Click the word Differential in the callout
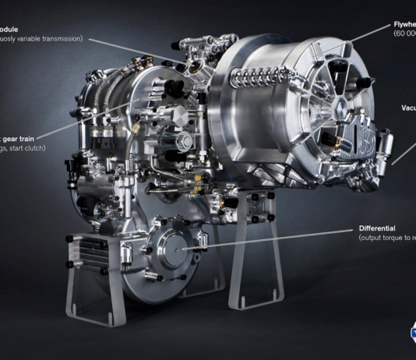(378, 228)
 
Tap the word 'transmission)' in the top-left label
(59, 38)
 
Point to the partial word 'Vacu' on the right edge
(407, 108)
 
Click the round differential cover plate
(175, 247)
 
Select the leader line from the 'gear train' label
(86, 126)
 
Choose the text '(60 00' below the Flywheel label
(405, 34)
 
